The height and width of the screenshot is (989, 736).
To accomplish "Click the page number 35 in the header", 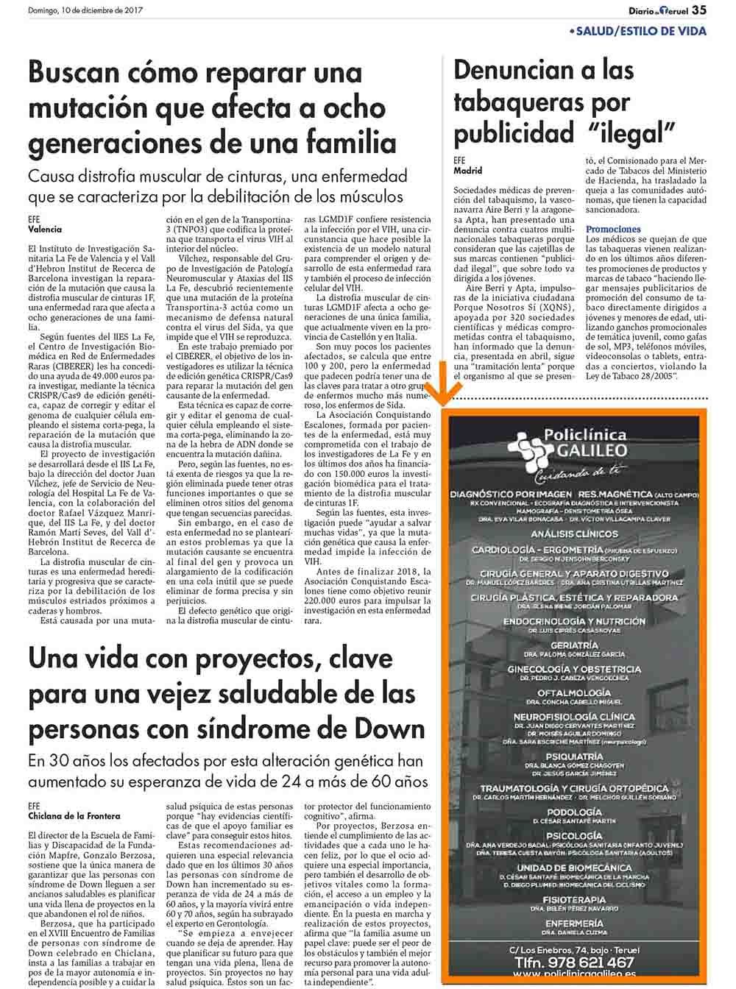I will tap(700, 10).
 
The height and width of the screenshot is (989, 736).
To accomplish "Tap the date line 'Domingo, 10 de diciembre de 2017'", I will tap(85, 10).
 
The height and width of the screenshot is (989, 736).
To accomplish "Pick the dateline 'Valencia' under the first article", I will tap(45, 229).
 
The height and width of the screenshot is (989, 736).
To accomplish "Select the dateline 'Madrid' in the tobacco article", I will tap(468, 170).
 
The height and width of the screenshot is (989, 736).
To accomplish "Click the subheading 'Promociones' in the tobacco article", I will tap(613, 229).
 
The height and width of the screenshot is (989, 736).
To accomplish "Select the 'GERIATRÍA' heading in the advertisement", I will tap(574, 645).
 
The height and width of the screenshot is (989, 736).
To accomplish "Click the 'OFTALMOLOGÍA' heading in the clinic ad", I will tap(574, 692).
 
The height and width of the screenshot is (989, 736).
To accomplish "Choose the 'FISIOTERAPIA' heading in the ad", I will tap(574, 899).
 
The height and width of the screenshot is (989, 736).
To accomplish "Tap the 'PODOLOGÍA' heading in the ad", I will tap(574, 812).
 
